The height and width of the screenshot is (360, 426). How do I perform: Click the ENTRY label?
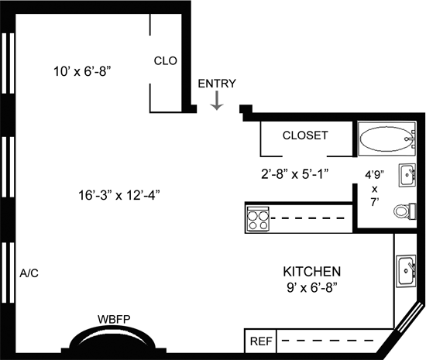[217, 84]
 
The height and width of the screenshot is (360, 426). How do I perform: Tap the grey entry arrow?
[217, 101]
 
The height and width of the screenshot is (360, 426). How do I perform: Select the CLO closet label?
[166, 61]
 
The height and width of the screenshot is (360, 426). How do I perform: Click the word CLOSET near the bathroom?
[305, 135]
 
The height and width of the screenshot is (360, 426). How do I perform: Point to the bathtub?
[386, 139]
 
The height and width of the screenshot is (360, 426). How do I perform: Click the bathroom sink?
[407, 175]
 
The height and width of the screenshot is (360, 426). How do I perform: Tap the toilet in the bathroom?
[405, 211]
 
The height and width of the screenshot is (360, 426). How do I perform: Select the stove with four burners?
[258, 219]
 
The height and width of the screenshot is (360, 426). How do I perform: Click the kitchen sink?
[406, 271]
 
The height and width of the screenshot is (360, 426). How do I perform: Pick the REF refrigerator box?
[260, 341]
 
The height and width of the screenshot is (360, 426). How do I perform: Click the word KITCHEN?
[312, 272]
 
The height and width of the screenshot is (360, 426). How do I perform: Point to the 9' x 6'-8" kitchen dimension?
[312, 288]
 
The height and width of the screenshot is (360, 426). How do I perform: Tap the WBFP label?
[114, 319]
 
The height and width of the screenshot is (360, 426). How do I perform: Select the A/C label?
[29, 273]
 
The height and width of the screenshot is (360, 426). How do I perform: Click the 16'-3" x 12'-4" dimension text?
[119, 195]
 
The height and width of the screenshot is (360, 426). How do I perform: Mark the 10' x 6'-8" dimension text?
[82, 72]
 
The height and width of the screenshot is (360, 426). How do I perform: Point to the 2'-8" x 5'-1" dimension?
[295, 174]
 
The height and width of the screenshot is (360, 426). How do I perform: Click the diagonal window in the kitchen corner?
[409, 317]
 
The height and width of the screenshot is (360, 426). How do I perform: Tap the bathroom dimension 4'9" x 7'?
[375, 189]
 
